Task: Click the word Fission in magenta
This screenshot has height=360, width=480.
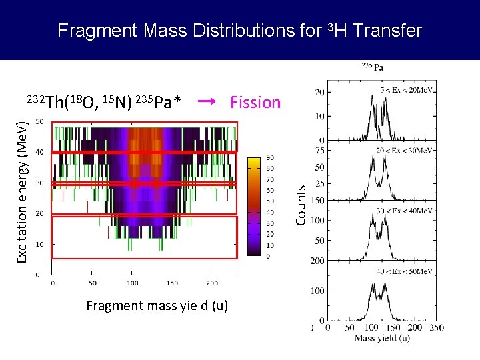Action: coord(255,102)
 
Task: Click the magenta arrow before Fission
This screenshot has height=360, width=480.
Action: coord(207,101)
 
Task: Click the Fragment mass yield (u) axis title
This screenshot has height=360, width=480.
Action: coord(157,306)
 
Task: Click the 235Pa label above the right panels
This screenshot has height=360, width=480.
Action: coord(373,67)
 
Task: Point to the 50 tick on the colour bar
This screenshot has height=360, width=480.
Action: coord(270,201)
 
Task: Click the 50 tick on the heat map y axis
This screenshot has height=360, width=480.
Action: coord(40,121)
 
